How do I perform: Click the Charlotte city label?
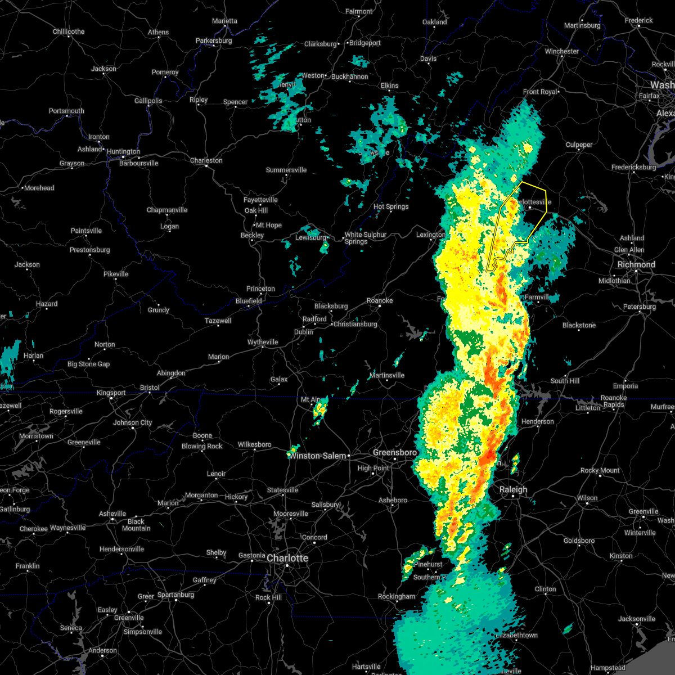[287, 558]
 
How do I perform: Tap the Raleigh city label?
[514, 489]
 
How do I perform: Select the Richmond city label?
[636, 264]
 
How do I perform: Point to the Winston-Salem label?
[318, 456]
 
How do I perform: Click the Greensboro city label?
[395, 452]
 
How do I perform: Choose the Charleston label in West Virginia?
[206, 160]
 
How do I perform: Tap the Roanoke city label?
[380, 300]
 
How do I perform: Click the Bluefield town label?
[249, 301]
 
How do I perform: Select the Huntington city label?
[123, 151]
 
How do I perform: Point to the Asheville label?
[112, 514]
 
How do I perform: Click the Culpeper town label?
[579, 145]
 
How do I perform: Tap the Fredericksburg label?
[633, 167]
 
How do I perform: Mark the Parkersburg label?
[214, 40]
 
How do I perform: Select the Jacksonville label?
[636, 619]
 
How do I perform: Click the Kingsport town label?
[111, 393]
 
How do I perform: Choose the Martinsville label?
[387, 375]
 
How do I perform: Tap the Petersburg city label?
[639, 307]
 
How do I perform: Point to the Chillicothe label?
[69, 31]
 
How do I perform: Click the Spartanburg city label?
[175, 595]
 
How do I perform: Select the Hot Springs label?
[391, 206]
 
